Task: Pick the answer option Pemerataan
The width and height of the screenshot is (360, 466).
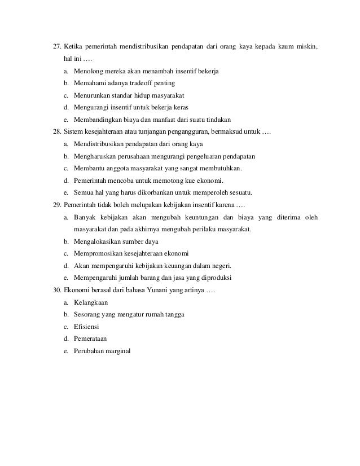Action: click(x=90, y=339)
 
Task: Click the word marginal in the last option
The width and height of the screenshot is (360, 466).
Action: click(x=117, y=351)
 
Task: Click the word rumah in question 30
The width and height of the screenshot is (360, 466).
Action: click(x=153, y=315)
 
